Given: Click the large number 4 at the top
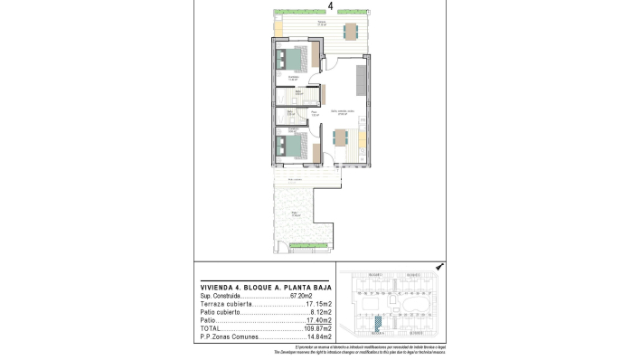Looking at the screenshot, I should click(330, 6).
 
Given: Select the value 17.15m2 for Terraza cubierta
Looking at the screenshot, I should click(319, 304).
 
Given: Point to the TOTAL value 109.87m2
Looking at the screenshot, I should click(318, 327).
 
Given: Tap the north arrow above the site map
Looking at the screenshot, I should click(438, 268).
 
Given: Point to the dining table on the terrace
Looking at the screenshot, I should click(349, 33).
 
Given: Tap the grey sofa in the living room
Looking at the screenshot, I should click(362, 81).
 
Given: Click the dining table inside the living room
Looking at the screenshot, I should click(343, 138).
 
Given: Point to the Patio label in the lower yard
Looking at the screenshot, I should click(295, 213).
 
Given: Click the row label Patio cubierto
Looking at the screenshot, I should click(222, 312).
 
